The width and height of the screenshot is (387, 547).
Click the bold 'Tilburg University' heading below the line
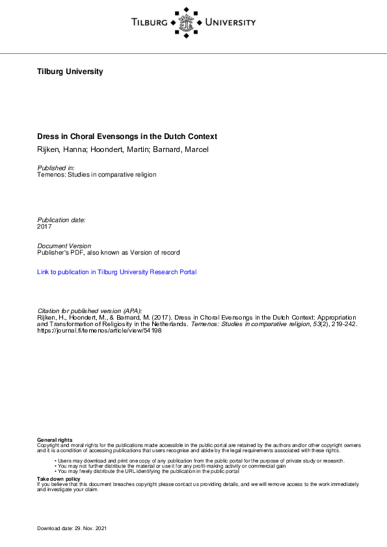coord(70,71)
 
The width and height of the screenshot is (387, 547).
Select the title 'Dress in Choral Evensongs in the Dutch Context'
coord(127,136)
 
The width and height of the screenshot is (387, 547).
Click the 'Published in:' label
coord(56,168)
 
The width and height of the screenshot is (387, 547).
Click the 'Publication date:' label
coord(61,220)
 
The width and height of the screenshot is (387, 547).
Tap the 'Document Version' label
coord(64,246)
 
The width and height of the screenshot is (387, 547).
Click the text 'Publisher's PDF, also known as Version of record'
coord(109,252)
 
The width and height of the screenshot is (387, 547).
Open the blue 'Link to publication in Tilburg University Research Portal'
coord(117,272)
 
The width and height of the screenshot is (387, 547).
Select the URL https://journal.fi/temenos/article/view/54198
coord(100,330)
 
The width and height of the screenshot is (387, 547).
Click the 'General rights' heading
coord(55,440)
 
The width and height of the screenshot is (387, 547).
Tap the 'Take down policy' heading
coord(59,478)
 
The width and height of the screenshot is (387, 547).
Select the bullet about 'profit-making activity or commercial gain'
coord(172,466)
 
